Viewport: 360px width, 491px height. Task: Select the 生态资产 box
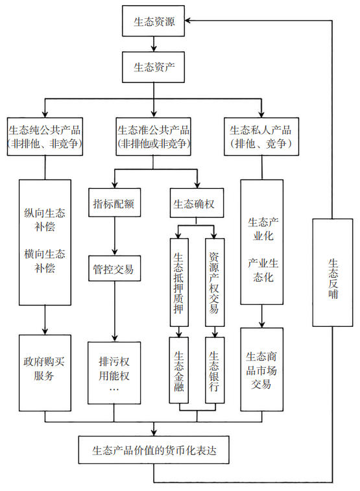pos(154,66)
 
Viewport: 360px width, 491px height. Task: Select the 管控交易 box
pos(114,269)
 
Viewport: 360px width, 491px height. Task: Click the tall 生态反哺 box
pos(332,272)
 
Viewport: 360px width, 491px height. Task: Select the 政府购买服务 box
pos(45,368)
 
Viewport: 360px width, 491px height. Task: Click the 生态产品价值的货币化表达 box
pos(154,449)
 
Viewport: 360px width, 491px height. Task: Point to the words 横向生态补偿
pos(45,259)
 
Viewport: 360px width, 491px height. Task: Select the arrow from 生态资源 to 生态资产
pos(154,43)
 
